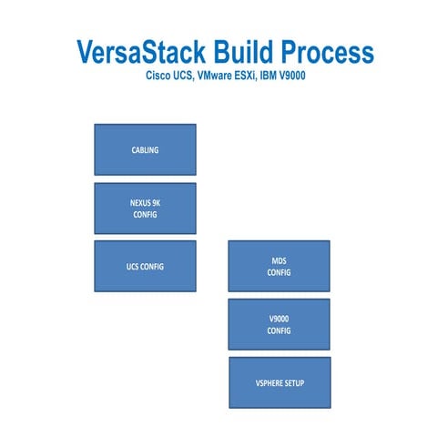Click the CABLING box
tap(145, 149)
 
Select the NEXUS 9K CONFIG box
tap(145, 208)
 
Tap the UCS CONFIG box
tap(145, 266)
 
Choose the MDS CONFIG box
tap(279, 266)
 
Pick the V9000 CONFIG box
tap(279, 324)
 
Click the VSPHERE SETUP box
tap(279, 382)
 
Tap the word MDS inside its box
tap(279, 260)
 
